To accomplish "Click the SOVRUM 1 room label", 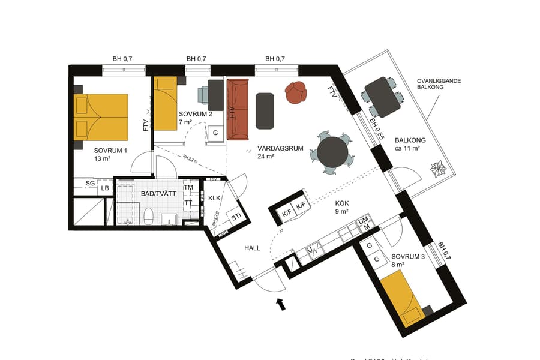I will coord(110,151).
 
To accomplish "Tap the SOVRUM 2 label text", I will coord(196,114).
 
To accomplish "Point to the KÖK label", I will coord(343,203).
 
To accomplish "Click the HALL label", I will coord(252,247).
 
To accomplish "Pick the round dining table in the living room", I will coord(333,152).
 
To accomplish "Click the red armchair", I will coord(296,92).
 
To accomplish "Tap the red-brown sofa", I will coord(238,109).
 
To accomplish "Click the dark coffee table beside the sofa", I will coord(265,110).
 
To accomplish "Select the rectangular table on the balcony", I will coord(382,97).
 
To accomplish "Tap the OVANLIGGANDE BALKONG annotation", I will coord(439,83).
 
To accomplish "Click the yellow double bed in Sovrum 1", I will coord(101,116).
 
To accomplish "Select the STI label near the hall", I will coord(236,217).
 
